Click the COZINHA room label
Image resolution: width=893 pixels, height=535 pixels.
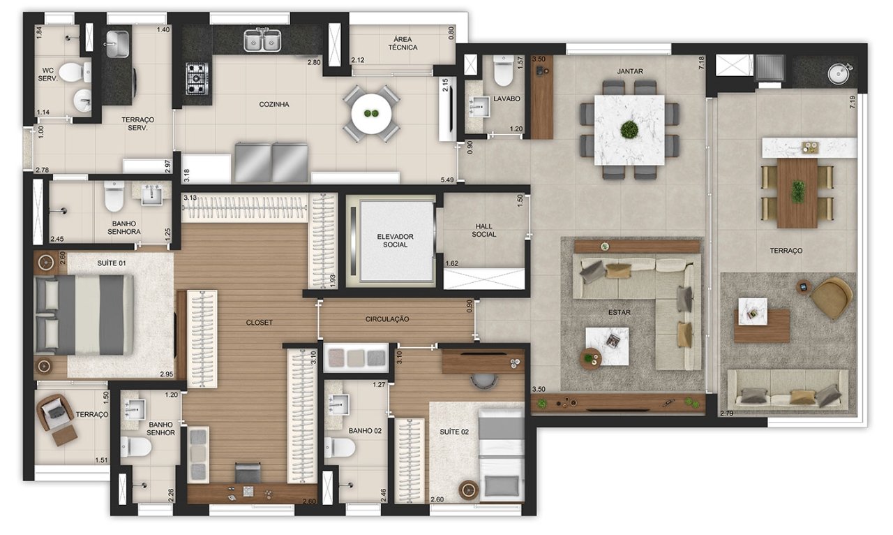pyautogui.click(x=274, y=105)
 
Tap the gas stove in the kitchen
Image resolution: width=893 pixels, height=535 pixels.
pyautogui.click(x=197, y=79)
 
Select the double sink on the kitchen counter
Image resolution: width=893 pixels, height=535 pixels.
pyautogui.click(x=262, y=41)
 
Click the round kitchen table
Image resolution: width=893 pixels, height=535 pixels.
pyautogui.click(x=370, y=114)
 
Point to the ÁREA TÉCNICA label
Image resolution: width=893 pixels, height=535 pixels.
pyautogui.click(x=403, y=43)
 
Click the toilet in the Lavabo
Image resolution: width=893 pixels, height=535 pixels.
pyautogui.click(x=503, y=71)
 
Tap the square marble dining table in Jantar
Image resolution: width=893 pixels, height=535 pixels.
pyautogui.click(x=629, y=130)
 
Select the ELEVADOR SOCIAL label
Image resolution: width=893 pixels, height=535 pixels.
pyautogui.click(x=395, y=241)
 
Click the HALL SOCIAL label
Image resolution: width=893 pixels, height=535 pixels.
pyautogui.click(x=484, y=230)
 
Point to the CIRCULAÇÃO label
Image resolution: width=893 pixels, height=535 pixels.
pyautogui.click(x=387, y=319)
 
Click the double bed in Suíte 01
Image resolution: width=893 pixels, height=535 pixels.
pyautogui.click(x=84, y=315)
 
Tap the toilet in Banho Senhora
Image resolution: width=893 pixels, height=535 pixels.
pyautogui.click(x=114, y=196)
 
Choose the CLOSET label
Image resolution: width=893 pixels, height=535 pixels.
pyautogui.click(x=259, y=323)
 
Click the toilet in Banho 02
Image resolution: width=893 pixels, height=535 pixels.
pyautogui.click(x=340, y=447)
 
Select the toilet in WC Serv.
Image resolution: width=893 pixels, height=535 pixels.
pyautogui.click(x=76, y=72)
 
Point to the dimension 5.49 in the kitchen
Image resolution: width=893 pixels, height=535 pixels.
pyautogui.click(x=447, y=180)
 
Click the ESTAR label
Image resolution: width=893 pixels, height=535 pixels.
pyautogui.click(x=620, y=313)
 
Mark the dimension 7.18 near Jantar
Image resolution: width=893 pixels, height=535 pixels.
pyautogui.click(x=702, y=63)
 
